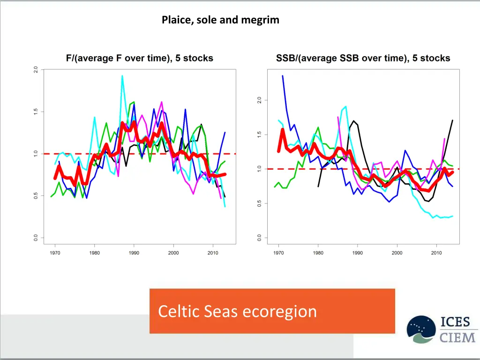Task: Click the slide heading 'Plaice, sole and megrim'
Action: tap(220, 20)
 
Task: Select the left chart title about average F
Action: tap(139, 59)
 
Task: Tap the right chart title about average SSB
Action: tap(363, 59)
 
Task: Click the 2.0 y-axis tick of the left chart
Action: tap(36, 70)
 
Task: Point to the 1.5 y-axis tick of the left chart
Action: tap(36, 112)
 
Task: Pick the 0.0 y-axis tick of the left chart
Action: tap(36, 238)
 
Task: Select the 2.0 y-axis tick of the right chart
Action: tap(259, 100)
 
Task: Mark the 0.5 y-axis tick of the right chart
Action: tap(259, 203)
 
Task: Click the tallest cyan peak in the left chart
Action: tap(122, 76)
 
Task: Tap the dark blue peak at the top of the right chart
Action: tap(283, 76)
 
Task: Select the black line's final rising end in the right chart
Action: tap(452, 120)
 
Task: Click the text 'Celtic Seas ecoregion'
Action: tap(237, 311)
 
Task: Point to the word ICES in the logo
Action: tap(458, 322)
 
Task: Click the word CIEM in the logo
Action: tap(458, 337)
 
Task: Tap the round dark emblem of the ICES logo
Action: tap(421, 330)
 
